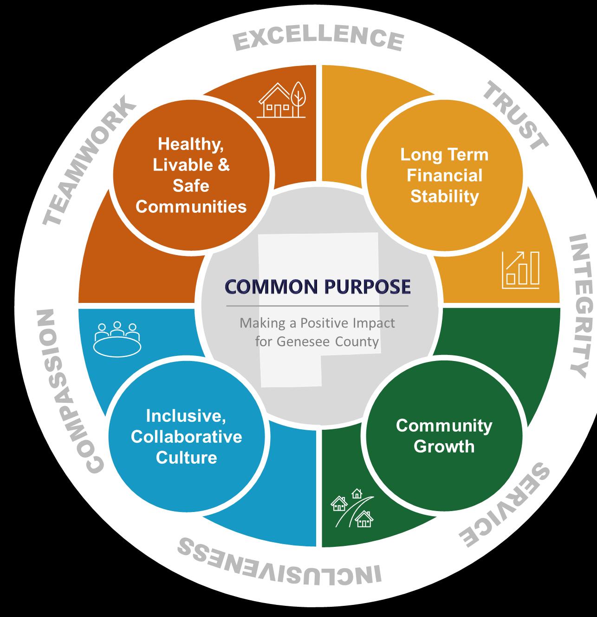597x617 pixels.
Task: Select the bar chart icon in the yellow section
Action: [x=520, y=269]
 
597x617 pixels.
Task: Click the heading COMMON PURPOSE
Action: [x=318, y=287]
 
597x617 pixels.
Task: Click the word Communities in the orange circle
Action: [x=191, y=206]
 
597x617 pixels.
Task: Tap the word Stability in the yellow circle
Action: [x=444, y=196]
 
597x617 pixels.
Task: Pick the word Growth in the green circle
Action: [x=444, y=446]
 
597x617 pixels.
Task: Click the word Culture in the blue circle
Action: [x=186, y=457]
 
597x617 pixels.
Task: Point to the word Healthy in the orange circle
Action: [x=191, y=144]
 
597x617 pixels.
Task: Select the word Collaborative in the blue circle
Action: [x=186, y=436]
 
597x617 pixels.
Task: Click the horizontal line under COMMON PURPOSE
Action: [x=318, y=306]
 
